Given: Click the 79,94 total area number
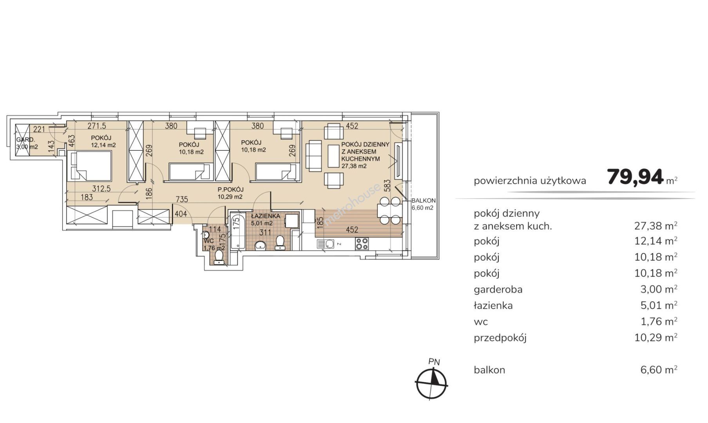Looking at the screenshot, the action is click(636, 177).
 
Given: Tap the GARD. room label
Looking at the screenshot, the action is click(25, 140).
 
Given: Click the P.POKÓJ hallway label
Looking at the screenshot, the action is click(231, 190).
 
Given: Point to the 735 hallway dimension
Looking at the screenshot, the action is click(182, 199).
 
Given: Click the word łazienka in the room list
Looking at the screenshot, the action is click(493, 305).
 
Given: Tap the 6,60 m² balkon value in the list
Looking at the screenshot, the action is click(659, 370).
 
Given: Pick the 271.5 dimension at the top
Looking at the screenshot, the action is click(97, 126).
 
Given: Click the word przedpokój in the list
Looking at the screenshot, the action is click(500, 338).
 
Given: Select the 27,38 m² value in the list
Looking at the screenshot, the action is click(656, 226).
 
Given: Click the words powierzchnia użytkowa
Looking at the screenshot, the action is click(530, 181).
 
